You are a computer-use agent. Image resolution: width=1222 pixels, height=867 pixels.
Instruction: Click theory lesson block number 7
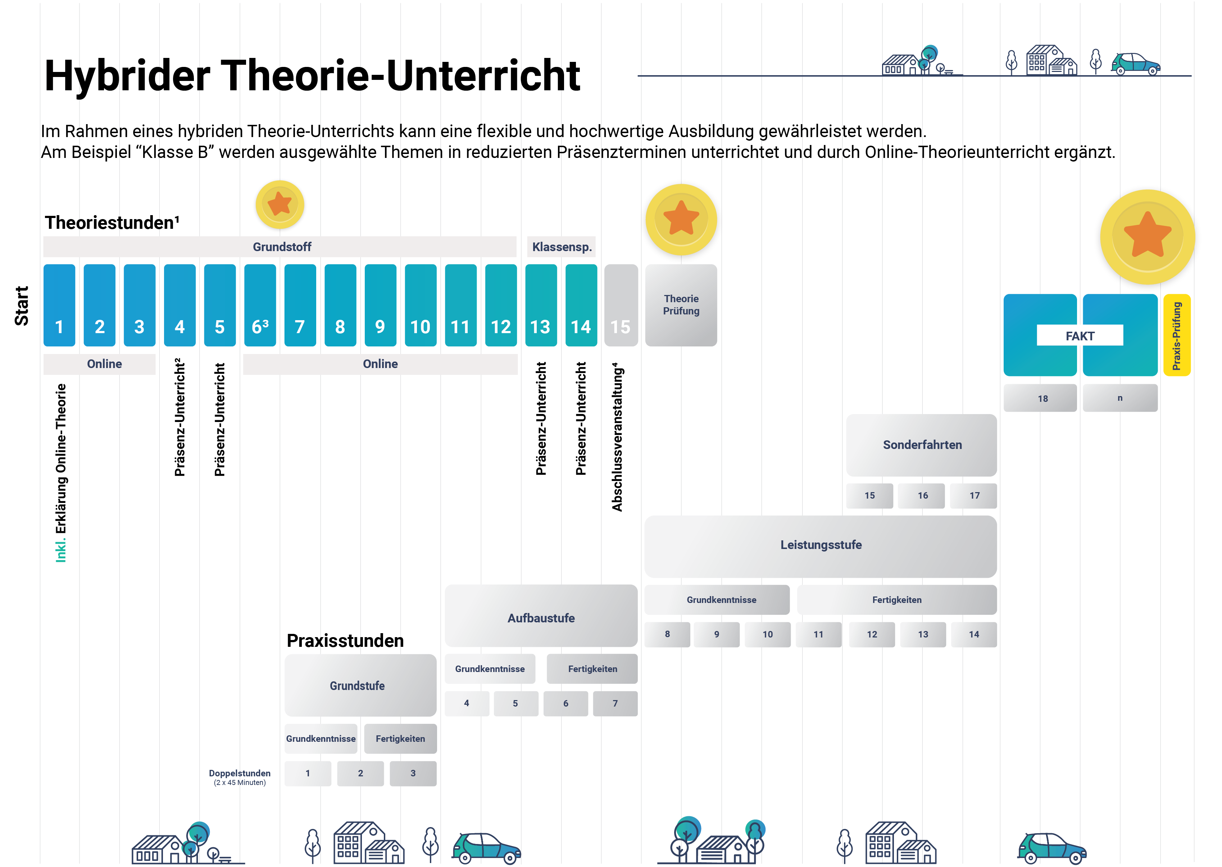pos(300,305)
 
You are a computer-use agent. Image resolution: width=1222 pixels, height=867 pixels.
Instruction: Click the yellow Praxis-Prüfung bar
pos(1177,335)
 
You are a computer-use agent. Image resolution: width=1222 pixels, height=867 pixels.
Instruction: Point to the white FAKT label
pos(1080,336)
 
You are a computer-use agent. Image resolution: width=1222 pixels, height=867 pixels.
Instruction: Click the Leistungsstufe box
pos(821,545)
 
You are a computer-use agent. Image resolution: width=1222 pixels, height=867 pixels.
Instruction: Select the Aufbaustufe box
pos(541,618)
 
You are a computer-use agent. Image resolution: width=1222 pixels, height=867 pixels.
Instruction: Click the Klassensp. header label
pos(562,247)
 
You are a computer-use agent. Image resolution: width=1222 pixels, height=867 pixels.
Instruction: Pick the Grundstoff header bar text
pos(282,247)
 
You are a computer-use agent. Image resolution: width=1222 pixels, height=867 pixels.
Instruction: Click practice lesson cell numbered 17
pos(974,495)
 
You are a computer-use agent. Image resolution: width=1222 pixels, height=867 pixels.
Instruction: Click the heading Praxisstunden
pos(345,641)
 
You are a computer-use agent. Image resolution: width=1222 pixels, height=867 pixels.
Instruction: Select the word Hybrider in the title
pos(128,76)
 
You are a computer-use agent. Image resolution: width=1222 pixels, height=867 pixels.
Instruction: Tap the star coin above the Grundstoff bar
pos(280,205)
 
